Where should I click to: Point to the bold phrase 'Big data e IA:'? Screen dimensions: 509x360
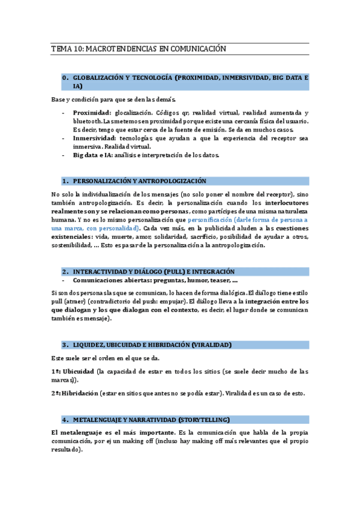point(92,155)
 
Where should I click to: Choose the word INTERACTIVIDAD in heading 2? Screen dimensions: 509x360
point(103,271)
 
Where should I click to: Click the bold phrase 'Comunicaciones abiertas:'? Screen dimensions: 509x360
point(110,280)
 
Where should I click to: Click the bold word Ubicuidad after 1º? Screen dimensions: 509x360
point(78,372)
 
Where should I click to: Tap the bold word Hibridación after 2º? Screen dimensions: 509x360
point(83,393)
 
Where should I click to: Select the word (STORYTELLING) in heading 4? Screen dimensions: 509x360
point(203,419)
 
